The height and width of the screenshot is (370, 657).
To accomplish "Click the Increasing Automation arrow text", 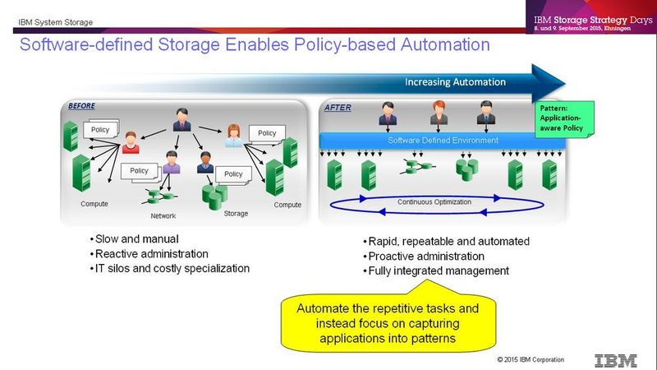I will (x=456, y=82).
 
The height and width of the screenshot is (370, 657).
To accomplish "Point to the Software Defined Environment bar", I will (x=443, y=140).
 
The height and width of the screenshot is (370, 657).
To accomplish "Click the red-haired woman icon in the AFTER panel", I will (x=437, y=113).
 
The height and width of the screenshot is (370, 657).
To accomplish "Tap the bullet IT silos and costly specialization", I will (x=171, y=268).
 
